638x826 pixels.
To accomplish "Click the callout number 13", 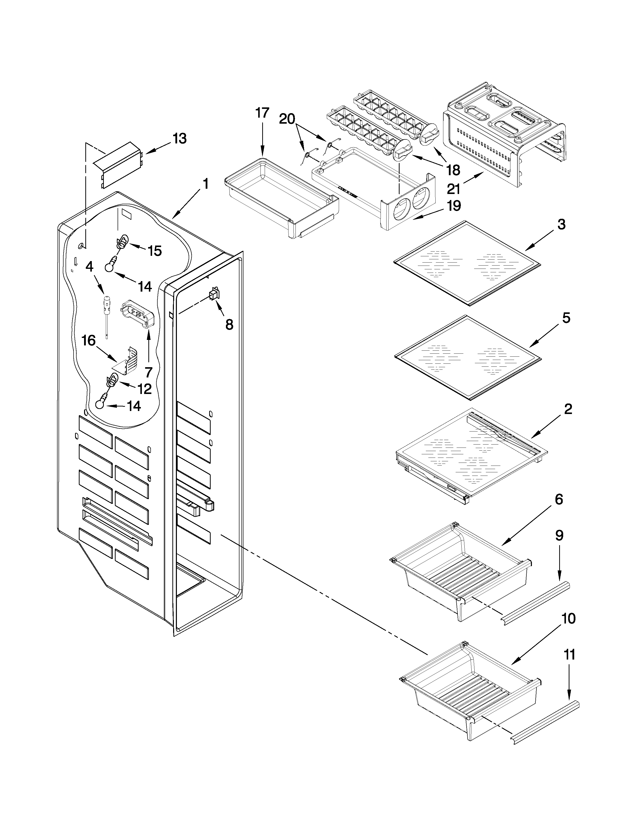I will click(180, 139).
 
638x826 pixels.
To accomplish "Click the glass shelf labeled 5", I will click(468, 357).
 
